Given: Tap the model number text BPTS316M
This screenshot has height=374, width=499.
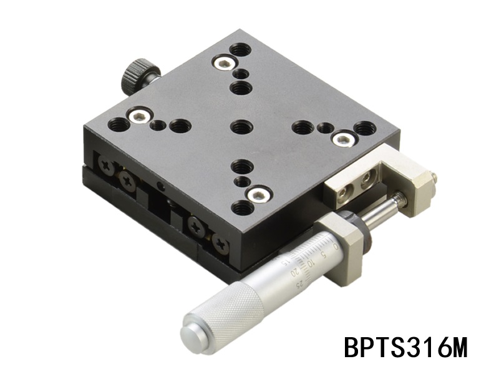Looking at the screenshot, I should click(405, 348).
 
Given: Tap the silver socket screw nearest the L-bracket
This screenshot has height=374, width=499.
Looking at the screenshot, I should click(341, 139).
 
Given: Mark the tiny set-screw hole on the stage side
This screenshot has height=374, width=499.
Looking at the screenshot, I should click(162, 185).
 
